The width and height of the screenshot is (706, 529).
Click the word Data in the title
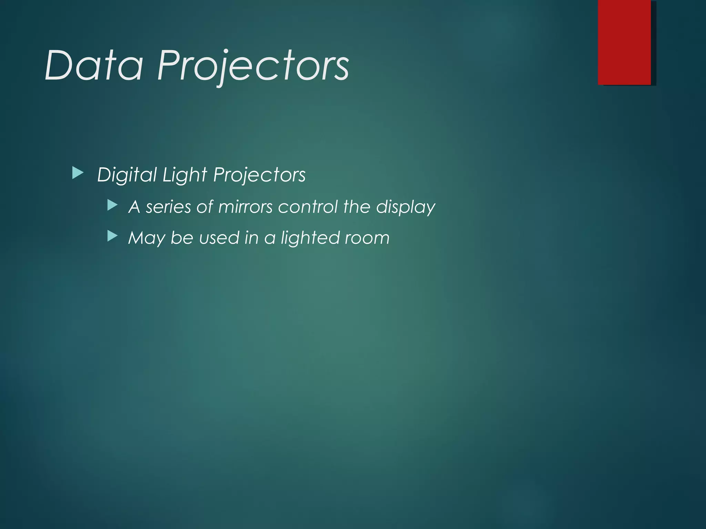tap(94, 65)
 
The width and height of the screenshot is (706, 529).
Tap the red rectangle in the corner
tap(624, 42)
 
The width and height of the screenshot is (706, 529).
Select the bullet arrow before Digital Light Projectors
tap(78, 173)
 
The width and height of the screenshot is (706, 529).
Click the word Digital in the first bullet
tap(127, 175)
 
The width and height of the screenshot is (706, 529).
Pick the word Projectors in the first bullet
tap(259, 175)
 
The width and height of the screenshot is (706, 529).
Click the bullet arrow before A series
tap(112, 206)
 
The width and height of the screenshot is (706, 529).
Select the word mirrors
tap(245, 207)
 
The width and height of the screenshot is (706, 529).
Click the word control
tap(308, 207)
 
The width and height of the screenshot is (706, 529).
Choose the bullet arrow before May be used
tap(112, 236)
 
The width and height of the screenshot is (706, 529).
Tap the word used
tap(219, 238)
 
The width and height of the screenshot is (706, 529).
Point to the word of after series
tap(204, 207)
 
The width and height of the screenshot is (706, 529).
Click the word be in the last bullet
tap(182, 238)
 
